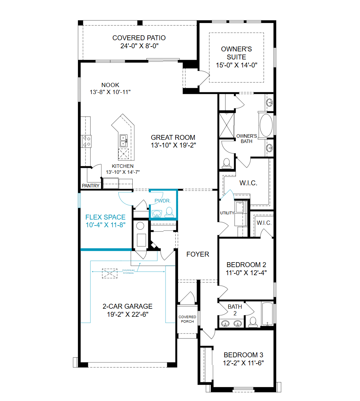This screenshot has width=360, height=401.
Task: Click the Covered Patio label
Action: coord(139,38)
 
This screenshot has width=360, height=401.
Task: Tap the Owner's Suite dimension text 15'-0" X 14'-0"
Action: coord(237,65)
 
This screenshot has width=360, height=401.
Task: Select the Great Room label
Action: coord(173,138)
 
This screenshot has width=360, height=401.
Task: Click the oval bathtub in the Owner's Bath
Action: coord(266,125)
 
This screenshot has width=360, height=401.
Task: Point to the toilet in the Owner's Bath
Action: coord(227,163)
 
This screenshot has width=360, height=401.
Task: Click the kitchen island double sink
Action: coord(124,141)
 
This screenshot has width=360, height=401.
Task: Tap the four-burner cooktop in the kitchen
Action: coord(87,142)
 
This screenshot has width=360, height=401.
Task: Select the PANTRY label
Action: coord(91,186)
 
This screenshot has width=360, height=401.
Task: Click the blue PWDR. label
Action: coord(162,201)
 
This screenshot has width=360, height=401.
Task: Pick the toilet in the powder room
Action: coord(169,213)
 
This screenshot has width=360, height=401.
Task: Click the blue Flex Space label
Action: coord(105,217)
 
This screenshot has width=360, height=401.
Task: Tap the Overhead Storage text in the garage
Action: coord(128,272)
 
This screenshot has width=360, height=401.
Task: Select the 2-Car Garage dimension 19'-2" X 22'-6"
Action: coord(128,314)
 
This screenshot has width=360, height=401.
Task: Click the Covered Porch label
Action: coord(187,319)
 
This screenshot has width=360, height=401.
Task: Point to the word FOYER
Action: coord(198,254)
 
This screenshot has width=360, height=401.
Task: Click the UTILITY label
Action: coord(227,213)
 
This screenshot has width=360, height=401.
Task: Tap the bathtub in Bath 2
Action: coord(267,314)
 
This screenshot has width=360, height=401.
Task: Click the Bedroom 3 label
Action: coord(243,355)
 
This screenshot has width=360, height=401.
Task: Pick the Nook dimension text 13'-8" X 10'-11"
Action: coord(110,92)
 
